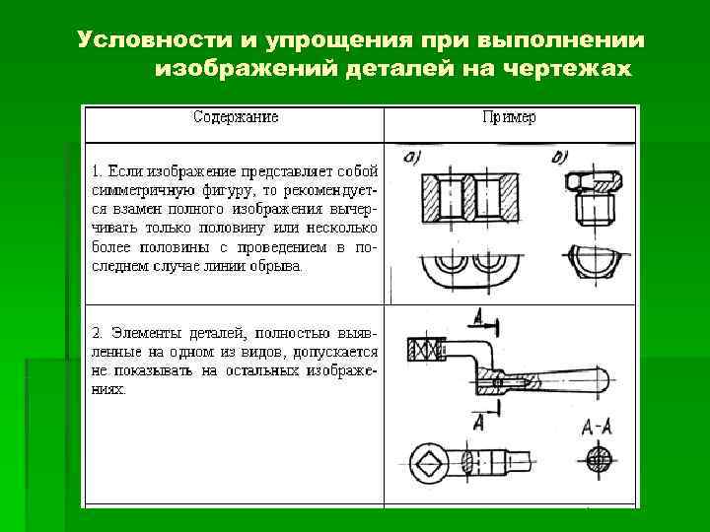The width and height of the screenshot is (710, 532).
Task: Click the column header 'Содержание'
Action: tap(236, 117)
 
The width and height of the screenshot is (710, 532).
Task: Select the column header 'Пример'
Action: tap(510, 117)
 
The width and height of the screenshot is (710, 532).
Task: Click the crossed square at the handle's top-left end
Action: tap(425, 348)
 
